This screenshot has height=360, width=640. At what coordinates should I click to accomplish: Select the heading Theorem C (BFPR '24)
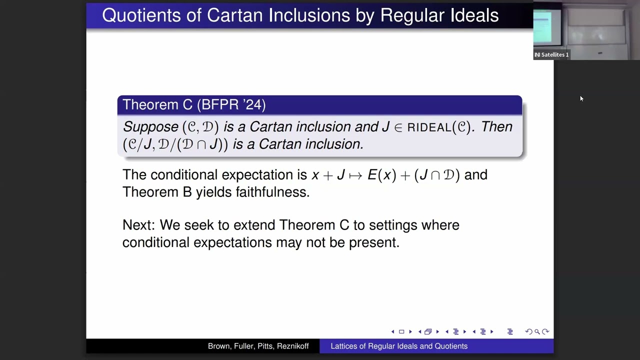pyautogui.click(x=194, y=104)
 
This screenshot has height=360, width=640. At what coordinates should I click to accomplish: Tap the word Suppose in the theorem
pyautogui.click(x=150, y=127)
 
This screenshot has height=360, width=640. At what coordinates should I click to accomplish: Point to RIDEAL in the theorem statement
pyautogui.click(x=429, y=127)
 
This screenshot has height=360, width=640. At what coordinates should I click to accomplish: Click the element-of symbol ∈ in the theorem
pyautogui.click(x=398, y=127)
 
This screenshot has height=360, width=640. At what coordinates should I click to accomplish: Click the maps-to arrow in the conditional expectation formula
pyautogui.click(x=355, y=175)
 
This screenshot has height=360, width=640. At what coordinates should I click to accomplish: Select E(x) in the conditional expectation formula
pyautogui.click(x=381, y=175)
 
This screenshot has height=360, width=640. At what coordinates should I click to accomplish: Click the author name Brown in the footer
pyautogui.click(x=220, y=346)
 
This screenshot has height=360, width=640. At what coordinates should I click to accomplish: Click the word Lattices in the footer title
pyautogui.click(x=345, y=346)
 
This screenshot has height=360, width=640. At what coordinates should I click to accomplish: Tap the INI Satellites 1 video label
pyautogui.click(x=551, y=54)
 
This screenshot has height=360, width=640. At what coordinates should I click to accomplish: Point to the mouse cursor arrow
pyautogui.click(x=581, y=98)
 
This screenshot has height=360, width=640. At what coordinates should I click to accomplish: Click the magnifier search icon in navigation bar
pyautogui.click(x=537, y=331)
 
